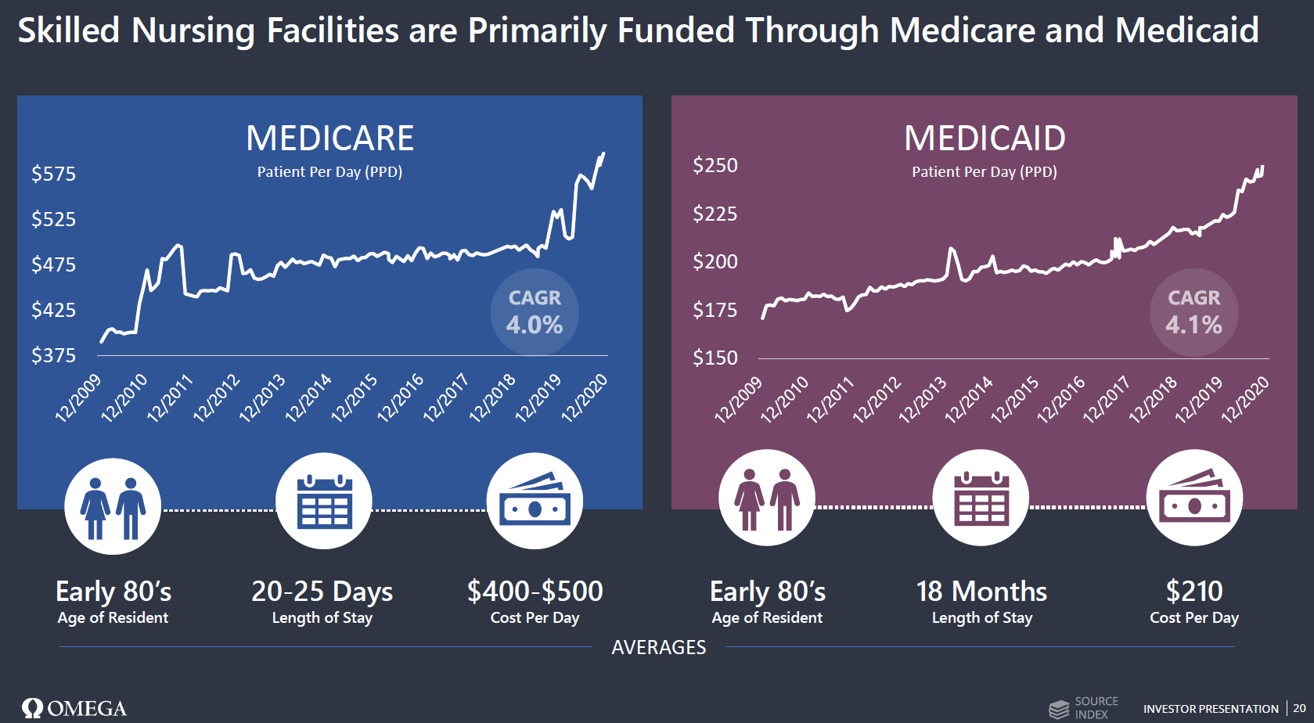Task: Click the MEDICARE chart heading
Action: (329, 138)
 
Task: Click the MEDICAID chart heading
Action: (985, 138)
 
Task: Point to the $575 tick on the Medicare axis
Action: (54, 174)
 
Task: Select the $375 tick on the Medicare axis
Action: (54, 355)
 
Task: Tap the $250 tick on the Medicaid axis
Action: (715, 165)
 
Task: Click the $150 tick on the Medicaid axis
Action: (715, 358)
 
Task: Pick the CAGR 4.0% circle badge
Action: (535, 312)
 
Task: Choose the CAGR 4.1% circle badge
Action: (1193, 312)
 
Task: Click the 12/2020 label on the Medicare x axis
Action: (585, 398)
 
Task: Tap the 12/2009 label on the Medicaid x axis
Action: (738, 400)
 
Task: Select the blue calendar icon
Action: (324, 501)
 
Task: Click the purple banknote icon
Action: (1194, 498)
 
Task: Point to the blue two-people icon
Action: (113, 506)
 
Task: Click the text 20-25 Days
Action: (322, 592)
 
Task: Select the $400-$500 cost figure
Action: (535, 591)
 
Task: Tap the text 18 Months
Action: (981, 592)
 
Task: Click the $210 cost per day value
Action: (1193, 591)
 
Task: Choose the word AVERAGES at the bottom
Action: (658, 647)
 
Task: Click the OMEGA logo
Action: (74, 708)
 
